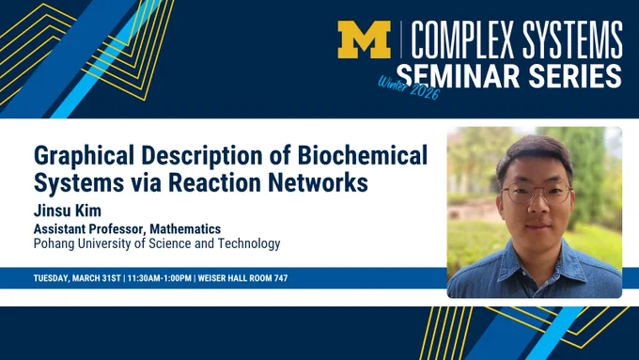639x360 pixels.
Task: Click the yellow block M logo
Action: point(364,39)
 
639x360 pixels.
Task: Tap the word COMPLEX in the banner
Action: point(463,40)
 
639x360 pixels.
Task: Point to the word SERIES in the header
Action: point(575,76)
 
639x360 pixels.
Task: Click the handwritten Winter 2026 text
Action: point(409,87)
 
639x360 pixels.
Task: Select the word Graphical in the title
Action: point(84,157)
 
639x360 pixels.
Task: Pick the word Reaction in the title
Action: point(214,182)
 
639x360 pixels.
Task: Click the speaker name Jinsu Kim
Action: point(68,211)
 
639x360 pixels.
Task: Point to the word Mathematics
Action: point(185,228)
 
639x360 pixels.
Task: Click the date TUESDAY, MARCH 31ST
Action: point(77,278)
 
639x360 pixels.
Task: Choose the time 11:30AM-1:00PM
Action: point(160,278)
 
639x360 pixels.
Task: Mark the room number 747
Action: point(281,278)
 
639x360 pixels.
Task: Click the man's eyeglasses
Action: point(537,193)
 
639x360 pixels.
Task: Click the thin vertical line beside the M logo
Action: point(401,39)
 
